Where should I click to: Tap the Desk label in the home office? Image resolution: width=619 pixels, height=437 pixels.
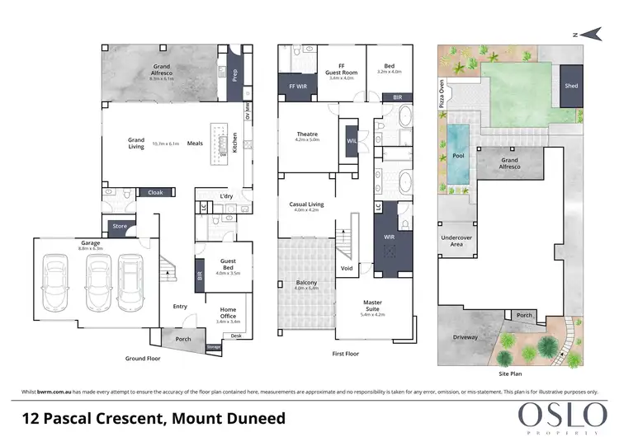(237, 336)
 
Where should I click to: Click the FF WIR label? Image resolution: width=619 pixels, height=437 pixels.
(295, 86)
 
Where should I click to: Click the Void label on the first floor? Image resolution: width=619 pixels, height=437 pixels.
(347, 269)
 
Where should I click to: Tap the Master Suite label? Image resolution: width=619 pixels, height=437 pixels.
(373, 310)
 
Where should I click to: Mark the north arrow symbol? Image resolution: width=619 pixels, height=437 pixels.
(588, 32)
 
